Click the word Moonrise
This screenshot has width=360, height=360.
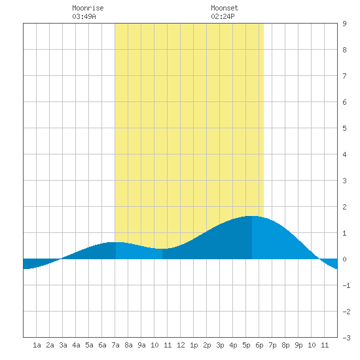pyautogui.click(x=88, y=8)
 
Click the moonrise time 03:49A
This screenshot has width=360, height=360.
pyautogui.click(x=84, y=16)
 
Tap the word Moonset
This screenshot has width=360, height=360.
pyautogui.click(x=225, y=8)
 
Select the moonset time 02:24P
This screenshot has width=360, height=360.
pyautogui.click(x=223, y=16)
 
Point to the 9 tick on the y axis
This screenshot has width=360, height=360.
pyautogui.click(x=344, y=24)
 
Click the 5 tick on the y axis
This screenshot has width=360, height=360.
pyautogui.click(x=344, y=128)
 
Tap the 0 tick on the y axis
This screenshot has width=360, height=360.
pyautogui.click(x=344, y=259)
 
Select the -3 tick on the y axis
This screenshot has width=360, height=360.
pyautogui.click(x=346, y=338)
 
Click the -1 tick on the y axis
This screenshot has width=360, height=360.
pyautogui.click(x=346, y=285)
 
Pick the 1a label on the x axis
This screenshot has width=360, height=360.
pyautogui.click(x=37, y=345)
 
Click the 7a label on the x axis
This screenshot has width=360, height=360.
pyautogui.click(x=115, y=345)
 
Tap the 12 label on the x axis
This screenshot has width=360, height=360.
pyautogui.click(x=181, y=345)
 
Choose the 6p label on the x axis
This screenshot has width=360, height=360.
pyautogui.click(x=259, y=345)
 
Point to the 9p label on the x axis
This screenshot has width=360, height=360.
pyautogui.click(x=298, y=345)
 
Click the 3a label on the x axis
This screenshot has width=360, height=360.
pyautogui.click(x=63, y=345)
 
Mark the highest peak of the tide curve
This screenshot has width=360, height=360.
pyautogui.click(x=252, y=216)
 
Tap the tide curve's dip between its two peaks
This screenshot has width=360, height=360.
pyautogui.click(x=162, y=249)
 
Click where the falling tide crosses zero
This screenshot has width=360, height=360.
pyautogui.click(x=319, y=259)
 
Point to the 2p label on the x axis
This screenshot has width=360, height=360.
pyautogui.click(x=207, y=345)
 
